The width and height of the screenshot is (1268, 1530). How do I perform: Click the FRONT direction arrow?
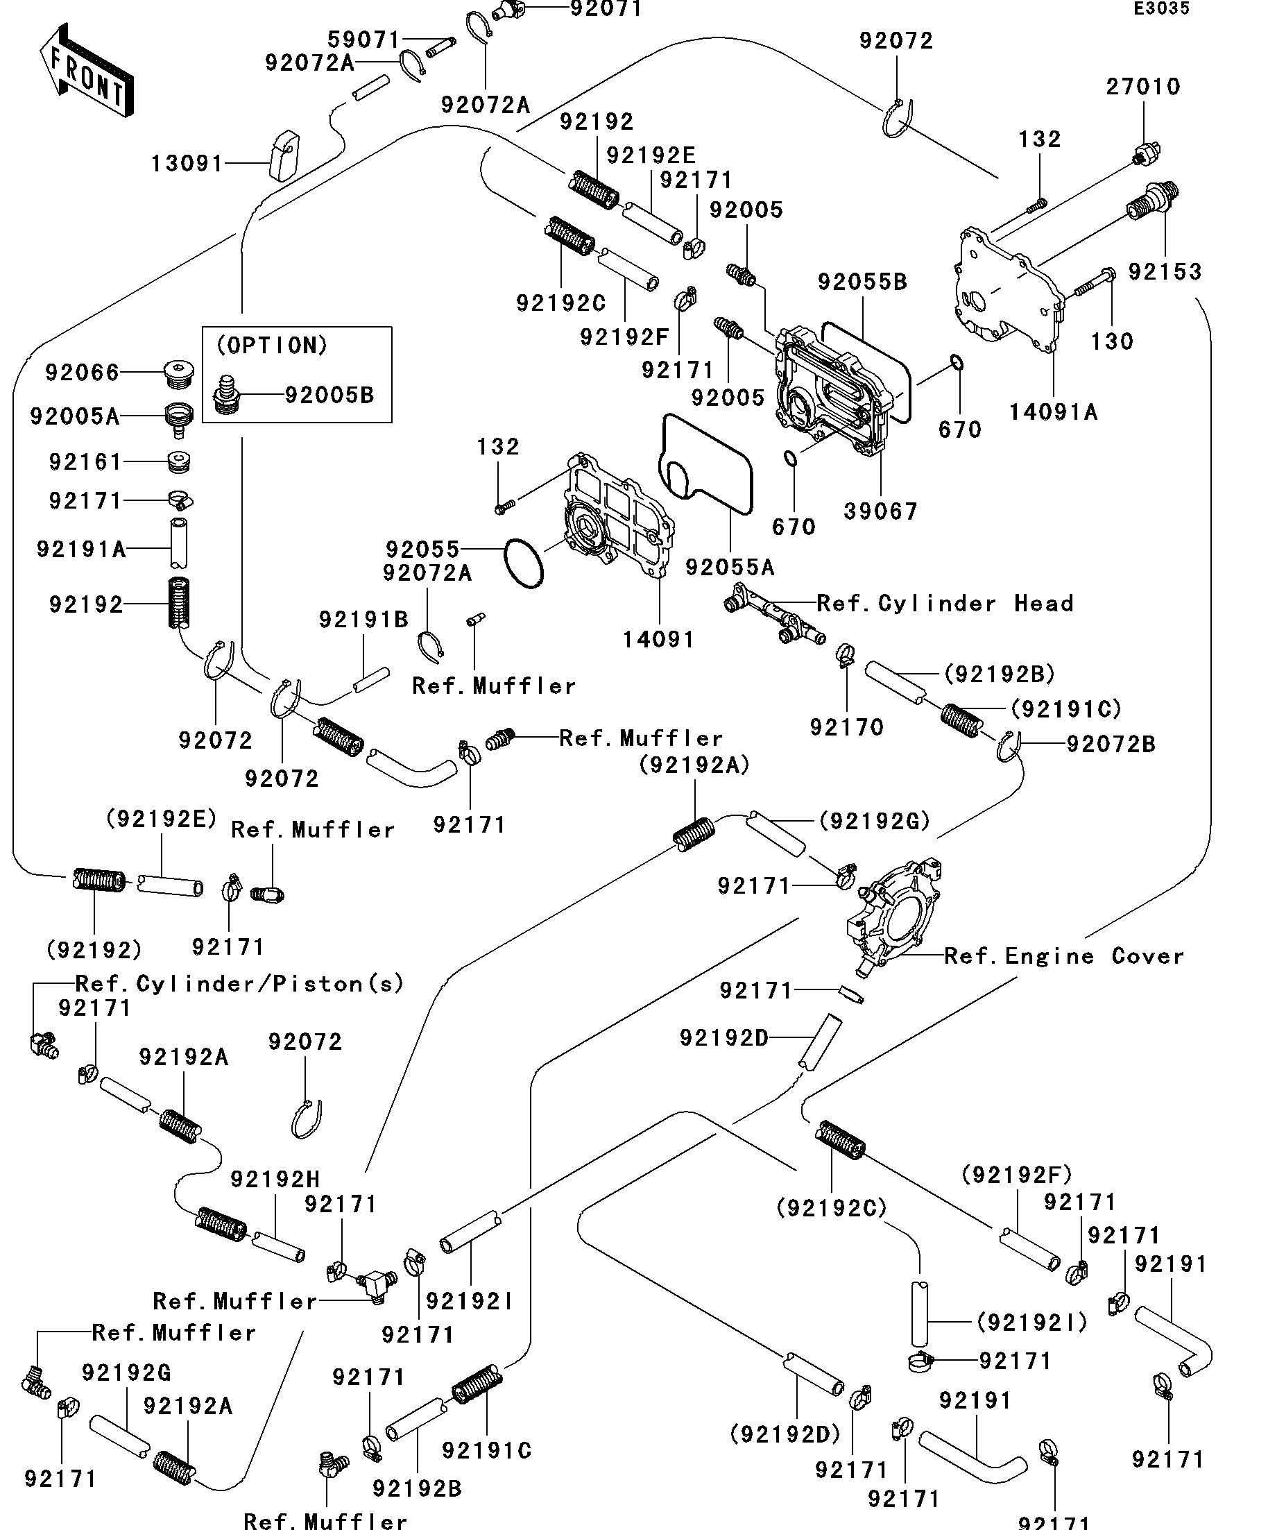click(x=86, y=71)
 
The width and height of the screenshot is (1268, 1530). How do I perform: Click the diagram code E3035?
click(x=1161, y=9)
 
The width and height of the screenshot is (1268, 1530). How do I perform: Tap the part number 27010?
click(x=1142, y=87)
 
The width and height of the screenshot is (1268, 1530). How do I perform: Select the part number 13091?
click(x=187, y=163)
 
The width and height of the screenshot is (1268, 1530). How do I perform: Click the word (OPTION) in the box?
click(x=272, y=346)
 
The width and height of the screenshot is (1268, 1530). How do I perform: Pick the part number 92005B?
click(x=329, y=395)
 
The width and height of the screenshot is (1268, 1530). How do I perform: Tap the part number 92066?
click(x=82, y=373)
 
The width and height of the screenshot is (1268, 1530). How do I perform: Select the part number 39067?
click(x=880, y=511)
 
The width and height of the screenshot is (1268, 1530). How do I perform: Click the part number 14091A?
click(x=1052, y=412)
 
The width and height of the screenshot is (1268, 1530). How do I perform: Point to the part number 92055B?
click(x=862, y=282)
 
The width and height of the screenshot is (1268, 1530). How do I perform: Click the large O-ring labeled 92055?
click(x=524, y=563)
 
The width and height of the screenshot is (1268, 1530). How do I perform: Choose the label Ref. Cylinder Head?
click(x=945, y=603)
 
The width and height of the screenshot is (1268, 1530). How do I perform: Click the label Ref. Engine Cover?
click(x=1063, y=956)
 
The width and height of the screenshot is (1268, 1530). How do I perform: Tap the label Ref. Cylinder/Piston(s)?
click(x=239, y=984)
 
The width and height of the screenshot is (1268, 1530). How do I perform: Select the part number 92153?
click(x=1164, y=272)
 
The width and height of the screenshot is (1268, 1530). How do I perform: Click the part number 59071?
click(x=363, y=40)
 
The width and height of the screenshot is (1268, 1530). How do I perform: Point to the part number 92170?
click(x=846, y=726)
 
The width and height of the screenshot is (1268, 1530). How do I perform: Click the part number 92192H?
click(x=275, y=1179)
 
